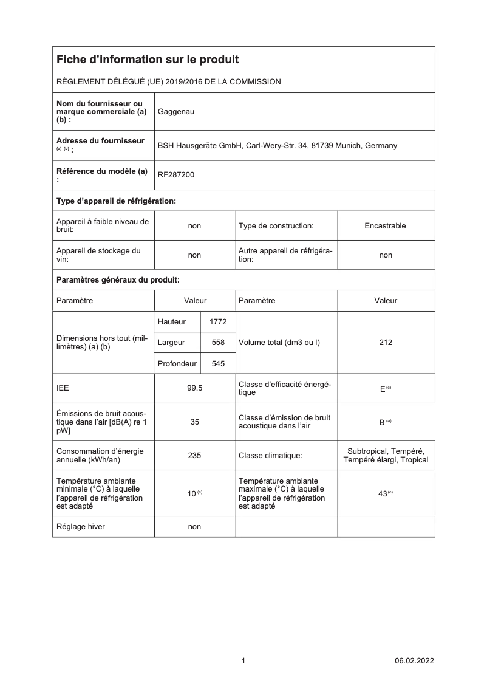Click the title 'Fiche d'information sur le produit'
pyautogui.click(x=148, y=60)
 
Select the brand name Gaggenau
pyautogui.click(x=176, y=112)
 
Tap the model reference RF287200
pyautogui.click(x=176, y=175)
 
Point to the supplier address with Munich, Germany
pyautogui.click(x=277, y=146)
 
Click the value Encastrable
pyautogui.click(x=385, y=226)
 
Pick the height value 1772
pyautogui.click(x=217, y=321)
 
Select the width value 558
pyautogui.click(x=217, y=343)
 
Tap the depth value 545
pyautogui.click(x=217, y=364)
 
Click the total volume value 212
pyautogui.click(x=385, y=343)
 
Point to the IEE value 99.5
pyautogui.click(x=194, y=388)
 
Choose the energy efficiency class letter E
pyautogui.click(x=383, y=389)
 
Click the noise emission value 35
pyautogui.click(x=194, y=422)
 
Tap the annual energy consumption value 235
pyautogui.click(x=194, y=455)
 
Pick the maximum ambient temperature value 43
pyautogui.click(x=383, y=494)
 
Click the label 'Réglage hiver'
pyautogui.click(x=80, y=527)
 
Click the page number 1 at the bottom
pyautogui.click(x=243, y=660)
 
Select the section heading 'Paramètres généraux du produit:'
pyautogui.click(x=118, y=280)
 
